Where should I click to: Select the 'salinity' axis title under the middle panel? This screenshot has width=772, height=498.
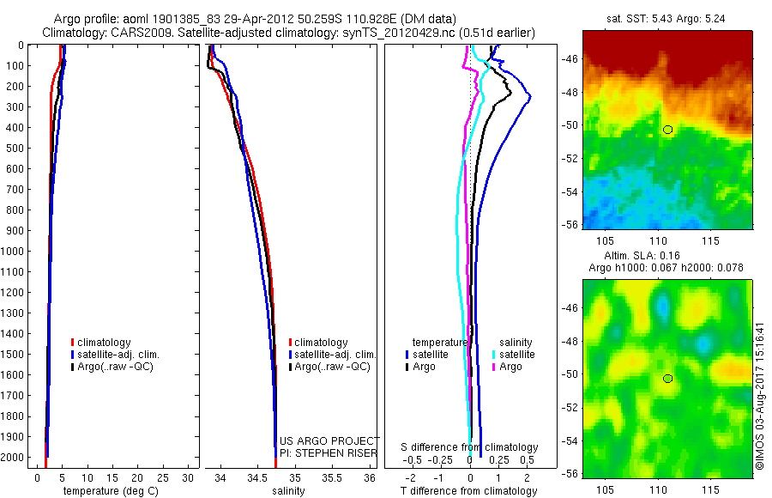pos(289,491)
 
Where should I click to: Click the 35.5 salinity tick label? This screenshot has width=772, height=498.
pos(332,477)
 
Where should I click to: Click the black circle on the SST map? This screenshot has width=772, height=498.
pos(667,130)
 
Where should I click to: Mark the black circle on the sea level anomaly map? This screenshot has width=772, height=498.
pos(667,379)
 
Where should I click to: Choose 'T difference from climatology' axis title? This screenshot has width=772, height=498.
pos(469,491)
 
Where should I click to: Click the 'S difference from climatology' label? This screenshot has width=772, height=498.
pos(470,447)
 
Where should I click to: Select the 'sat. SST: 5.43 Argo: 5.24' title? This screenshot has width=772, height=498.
pos(666,19)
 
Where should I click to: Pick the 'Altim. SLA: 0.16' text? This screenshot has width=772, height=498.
pos(666,257)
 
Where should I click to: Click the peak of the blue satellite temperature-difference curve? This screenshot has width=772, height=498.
pos(530,96)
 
